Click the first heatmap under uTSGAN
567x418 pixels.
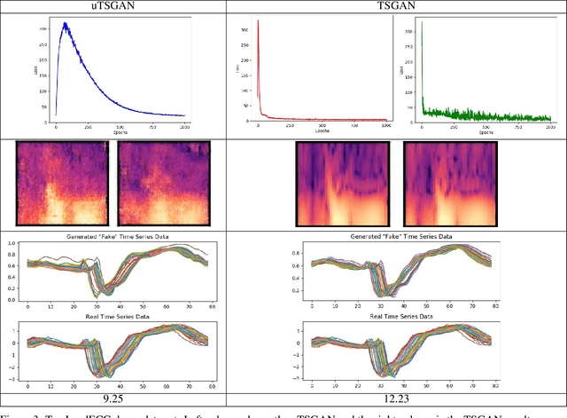(x=63, y=185)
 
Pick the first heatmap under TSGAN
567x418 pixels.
(x=341, y=185)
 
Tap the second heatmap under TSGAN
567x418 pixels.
(x=447, y=185)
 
